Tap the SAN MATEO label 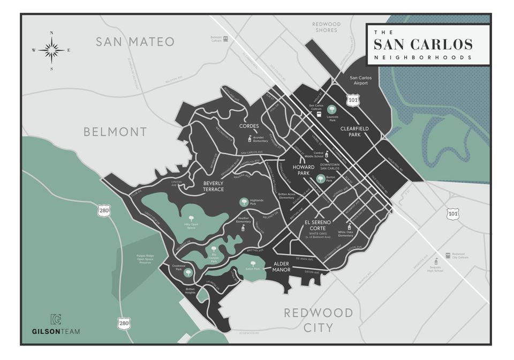click(x=135, y=42)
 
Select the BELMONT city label click(x=115, y=132)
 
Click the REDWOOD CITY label click(x=318, y=320)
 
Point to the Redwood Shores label click(x=326, y=27)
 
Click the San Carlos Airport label click(x=360, y=81)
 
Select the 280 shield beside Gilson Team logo click(x=123, y=323)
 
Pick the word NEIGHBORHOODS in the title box click(x=423, y=57)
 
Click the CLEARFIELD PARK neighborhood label click(x=354, y=132)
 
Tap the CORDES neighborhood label click(x=250, y=127)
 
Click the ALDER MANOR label click(x=282, y=267)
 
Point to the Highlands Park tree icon click(x=244, y=202)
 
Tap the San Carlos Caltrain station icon click(x=319, y=114)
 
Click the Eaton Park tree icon click(x=253, y=263)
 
